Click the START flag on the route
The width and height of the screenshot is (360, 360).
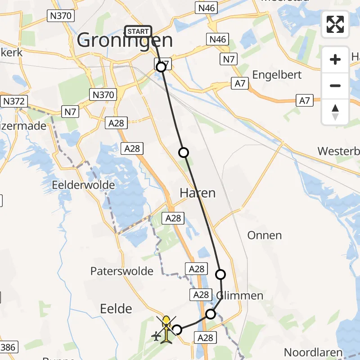138,31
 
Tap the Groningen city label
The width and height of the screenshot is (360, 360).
125,41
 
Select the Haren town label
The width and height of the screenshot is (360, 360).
198,193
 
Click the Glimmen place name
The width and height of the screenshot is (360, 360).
240,296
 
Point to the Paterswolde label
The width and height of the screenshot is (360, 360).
121,271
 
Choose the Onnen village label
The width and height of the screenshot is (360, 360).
265,235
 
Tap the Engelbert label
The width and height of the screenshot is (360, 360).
277,74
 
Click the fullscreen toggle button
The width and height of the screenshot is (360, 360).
335,24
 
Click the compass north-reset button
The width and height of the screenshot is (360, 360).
335,112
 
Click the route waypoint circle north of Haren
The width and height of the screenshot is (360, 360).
183,153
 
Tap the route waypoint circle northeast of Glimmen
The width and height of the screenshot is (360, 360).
220,274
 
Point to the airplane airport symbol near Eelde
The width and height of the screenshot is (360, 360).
157,336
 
